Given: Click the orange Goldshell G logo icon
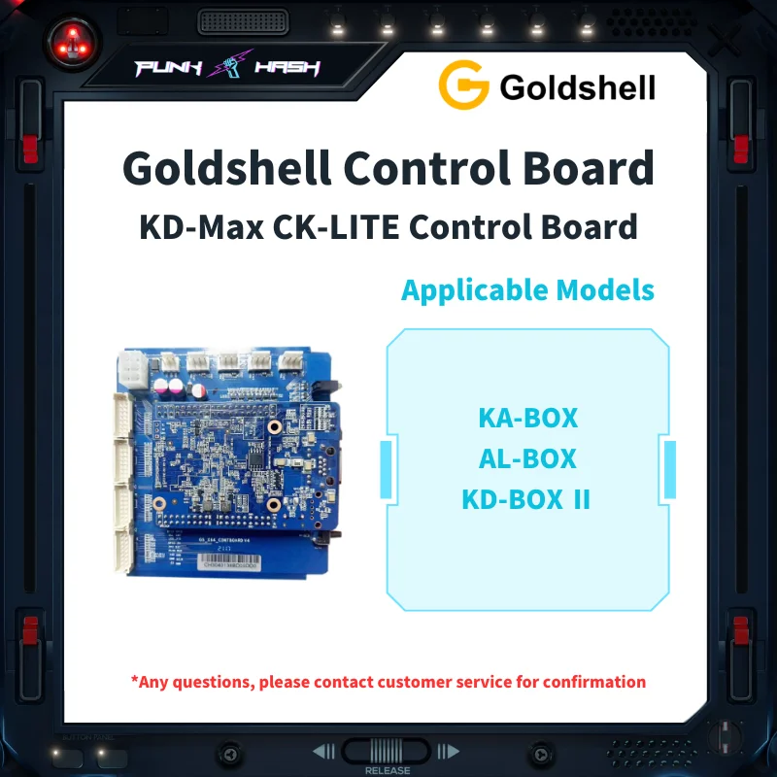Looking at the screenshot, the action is click(463, 86).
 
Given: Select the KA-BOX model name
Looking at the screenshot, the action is click(527, 419).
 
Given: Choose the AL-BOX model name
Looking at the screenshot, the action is click(527, 458).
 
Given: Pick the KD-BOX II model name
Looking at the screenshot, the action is click(526, 499).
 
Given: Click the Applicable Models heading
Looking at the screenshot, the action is click(527, 289).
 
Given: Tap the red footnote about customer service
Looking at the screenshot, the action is click(388, 682).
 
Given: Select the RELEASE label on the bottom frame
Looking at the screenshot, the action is click(388, 770).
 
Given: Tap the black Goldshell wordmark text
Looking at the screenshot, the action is click(577, 87).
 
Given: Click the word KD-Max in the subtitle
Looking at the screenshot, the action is click(197, 227).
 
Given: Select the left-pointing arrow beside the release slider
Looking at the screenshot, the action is click(323, 751).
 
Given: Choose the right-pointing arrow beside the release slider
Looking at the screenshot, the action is click(448, 751).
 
